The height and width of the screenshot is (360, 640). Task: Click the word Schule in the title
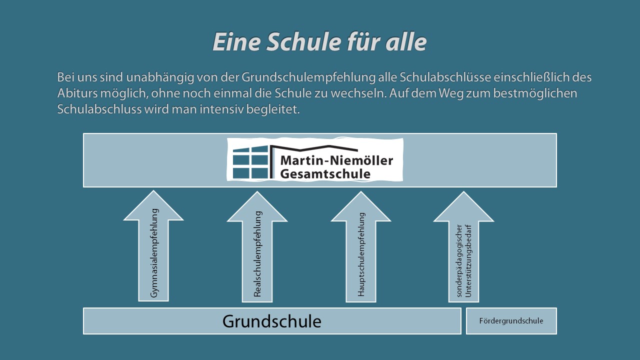[x=304, y=41]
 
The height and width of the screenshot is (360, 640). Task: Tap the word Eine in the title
[x=236, y=41]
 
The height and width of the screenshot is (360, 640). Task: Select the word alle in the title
[x=406, y=41]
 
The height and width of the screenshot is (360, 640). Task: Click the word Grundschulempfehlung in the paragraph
[x=308, y=77]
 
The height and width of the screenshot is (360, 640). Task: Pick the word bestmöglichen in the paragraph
[x=535, y=93]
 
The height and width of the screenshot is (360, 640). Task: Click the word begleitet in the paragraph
[x=273, y=109]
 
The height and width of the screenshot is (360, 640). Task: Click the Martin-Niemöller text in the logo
[x=336, y=160]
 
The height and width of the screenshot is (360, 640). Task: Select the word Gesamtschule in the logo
[x=325, y=173]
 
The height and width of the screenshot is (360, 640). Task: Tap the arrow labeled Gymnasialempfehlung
[x=153, y=245]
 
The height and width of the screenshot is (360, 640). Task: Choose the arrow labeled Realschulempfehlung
[x=257, y=246]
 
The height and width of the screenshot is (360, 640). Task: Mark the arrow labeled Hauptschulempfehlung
[x=361, y=246]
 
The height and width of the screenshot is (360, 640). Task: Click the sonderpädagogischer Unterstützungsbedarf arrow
[x=463, y=246]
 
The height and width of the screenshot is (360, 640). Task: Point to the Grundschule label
[x=271, y=321]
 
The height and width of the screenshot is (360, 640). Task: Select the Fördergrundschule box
[x=511, y=321]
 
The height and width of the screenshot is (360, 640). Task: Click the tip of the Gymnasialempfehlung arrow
[x=153, y=191]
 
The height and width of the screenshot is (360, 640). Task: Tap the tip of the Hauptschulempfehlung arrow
[x=361, y=191]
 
